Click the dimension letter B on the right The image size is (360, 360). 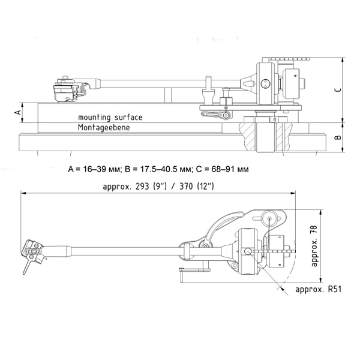tap(338, 137)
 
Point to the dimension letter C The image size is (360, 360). tap(338, 89)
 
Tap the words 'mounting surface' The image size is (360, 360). tap(110, 118)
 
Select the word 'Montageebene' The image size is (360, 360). tap(103, 128)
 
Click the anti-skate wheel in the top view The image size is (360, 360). tap(269, 219)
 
